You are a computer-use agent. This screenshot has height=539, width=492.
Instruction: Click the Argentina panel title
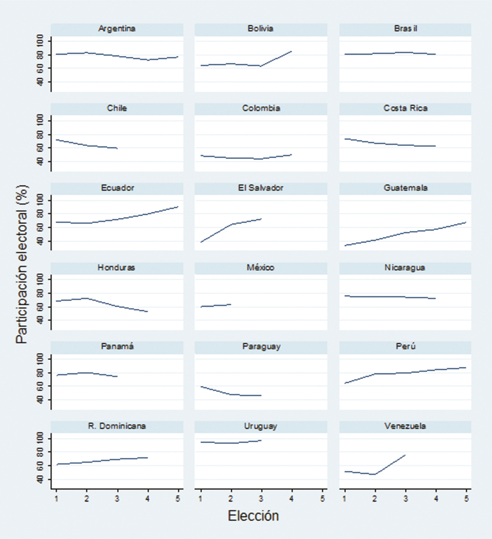(117, 29)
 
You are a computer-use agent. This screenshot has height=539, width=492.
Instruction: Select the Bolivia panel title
(261, 29)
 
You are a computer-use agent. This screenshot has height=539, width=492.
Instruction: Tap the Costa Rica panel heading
(405, 108)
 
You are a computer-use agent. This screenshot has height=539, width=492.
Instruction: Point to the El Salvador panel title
(261, 188)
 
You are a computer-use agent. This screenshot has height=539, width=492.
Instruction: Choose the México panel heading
(261, 268)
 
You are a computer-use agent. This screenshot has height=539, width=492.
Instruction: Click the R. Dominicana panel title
(117, 426)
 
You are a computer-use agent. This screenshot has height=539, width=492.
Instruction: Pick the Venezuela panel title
(405, 426)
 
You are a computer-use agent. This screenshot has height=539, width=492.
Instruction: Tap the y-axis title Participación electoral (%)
(22, 265)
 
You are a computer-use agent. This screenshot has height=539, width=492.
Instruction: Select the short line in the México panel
(216, 305)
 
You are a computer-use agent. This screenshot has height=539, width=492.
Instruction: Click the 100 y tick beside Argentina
(41, 41)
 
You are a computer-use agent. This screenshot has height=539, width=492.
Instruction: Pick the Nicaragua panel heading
(405, 268)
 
